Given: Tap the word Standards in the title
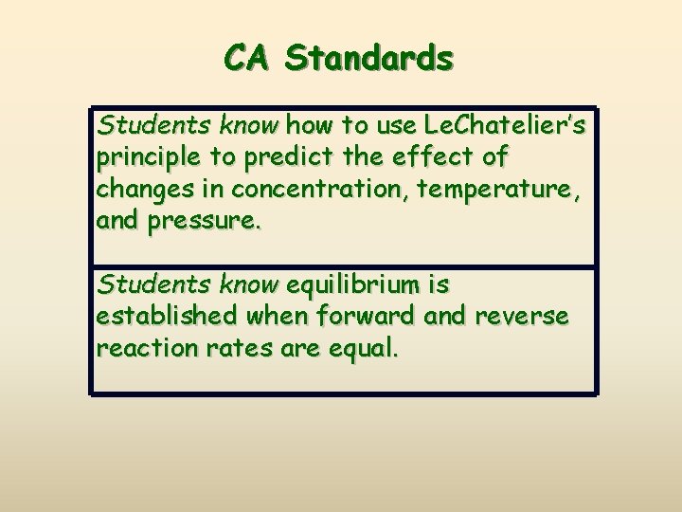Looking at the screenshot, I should (368, 59).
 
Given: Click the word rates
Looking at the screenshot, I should (237, 348).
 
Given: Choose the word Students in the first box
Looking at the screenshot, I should (138, 124).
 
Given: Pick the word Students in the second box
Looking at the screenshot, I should (138, 283).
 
